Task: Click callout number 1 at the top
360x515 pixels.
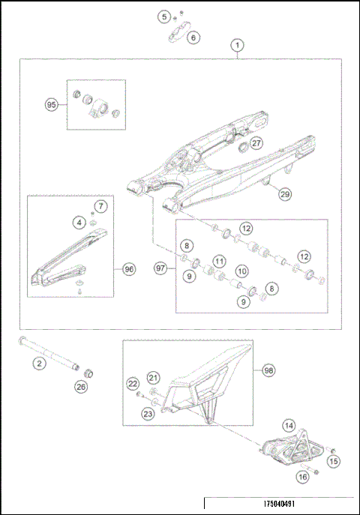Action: click(x=237, y=46)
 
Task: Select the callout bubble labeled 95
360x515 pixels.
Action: click(x=51, y=106)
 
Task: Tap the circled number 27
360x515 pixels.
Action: click(x=256, y=142)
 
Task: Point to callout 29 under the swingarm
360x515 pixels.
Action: click(x=284, y=194)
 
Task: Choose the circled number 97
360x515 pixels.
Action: click(x=159, y=268)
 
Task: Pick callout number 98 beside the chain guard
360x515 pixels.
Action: click(x=268, y=370)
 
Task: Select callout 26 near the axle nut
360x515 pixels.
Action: click(x=80, y=387)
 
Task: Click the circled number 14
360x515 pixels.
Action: click(x=289, y=424)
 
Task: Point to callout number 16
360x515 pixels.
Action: click(x=303, y=476)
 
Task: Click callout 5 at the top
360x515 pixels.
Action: click(x=163, y=16)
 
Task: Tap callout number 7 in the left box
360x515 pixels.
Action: click(x=101, y=205)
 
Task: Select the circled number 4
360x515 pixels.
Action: click(x=78, y=222)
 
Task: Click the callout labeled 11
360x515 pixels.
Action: click(x=218, y=261)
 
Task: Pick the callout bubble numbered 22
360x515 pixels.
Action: click(x=133, y=384)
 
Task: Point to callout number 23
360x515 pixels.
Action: click(x=148, y=413)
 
